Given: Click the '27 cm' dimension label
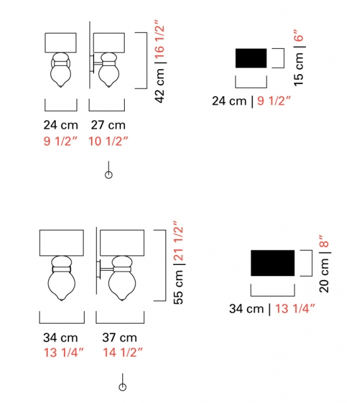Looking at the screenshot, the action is coord(108,125).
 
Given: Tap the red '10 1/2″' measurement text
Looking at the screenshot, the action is coord(108,141).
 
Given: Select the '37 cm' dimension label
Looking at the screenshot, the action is coord(119,338).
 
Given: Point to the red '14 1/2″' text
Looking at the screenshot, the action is coord(122,352).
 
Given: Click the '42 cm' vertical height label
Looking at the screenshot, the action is coord(159,85).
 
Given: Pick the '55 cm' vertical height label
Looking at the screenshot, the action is coord(178,287).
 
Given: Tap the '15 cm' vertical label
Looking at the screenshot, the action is coord(299,69).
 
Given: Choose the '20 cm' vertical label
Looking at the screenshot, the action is coord(324,275).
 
